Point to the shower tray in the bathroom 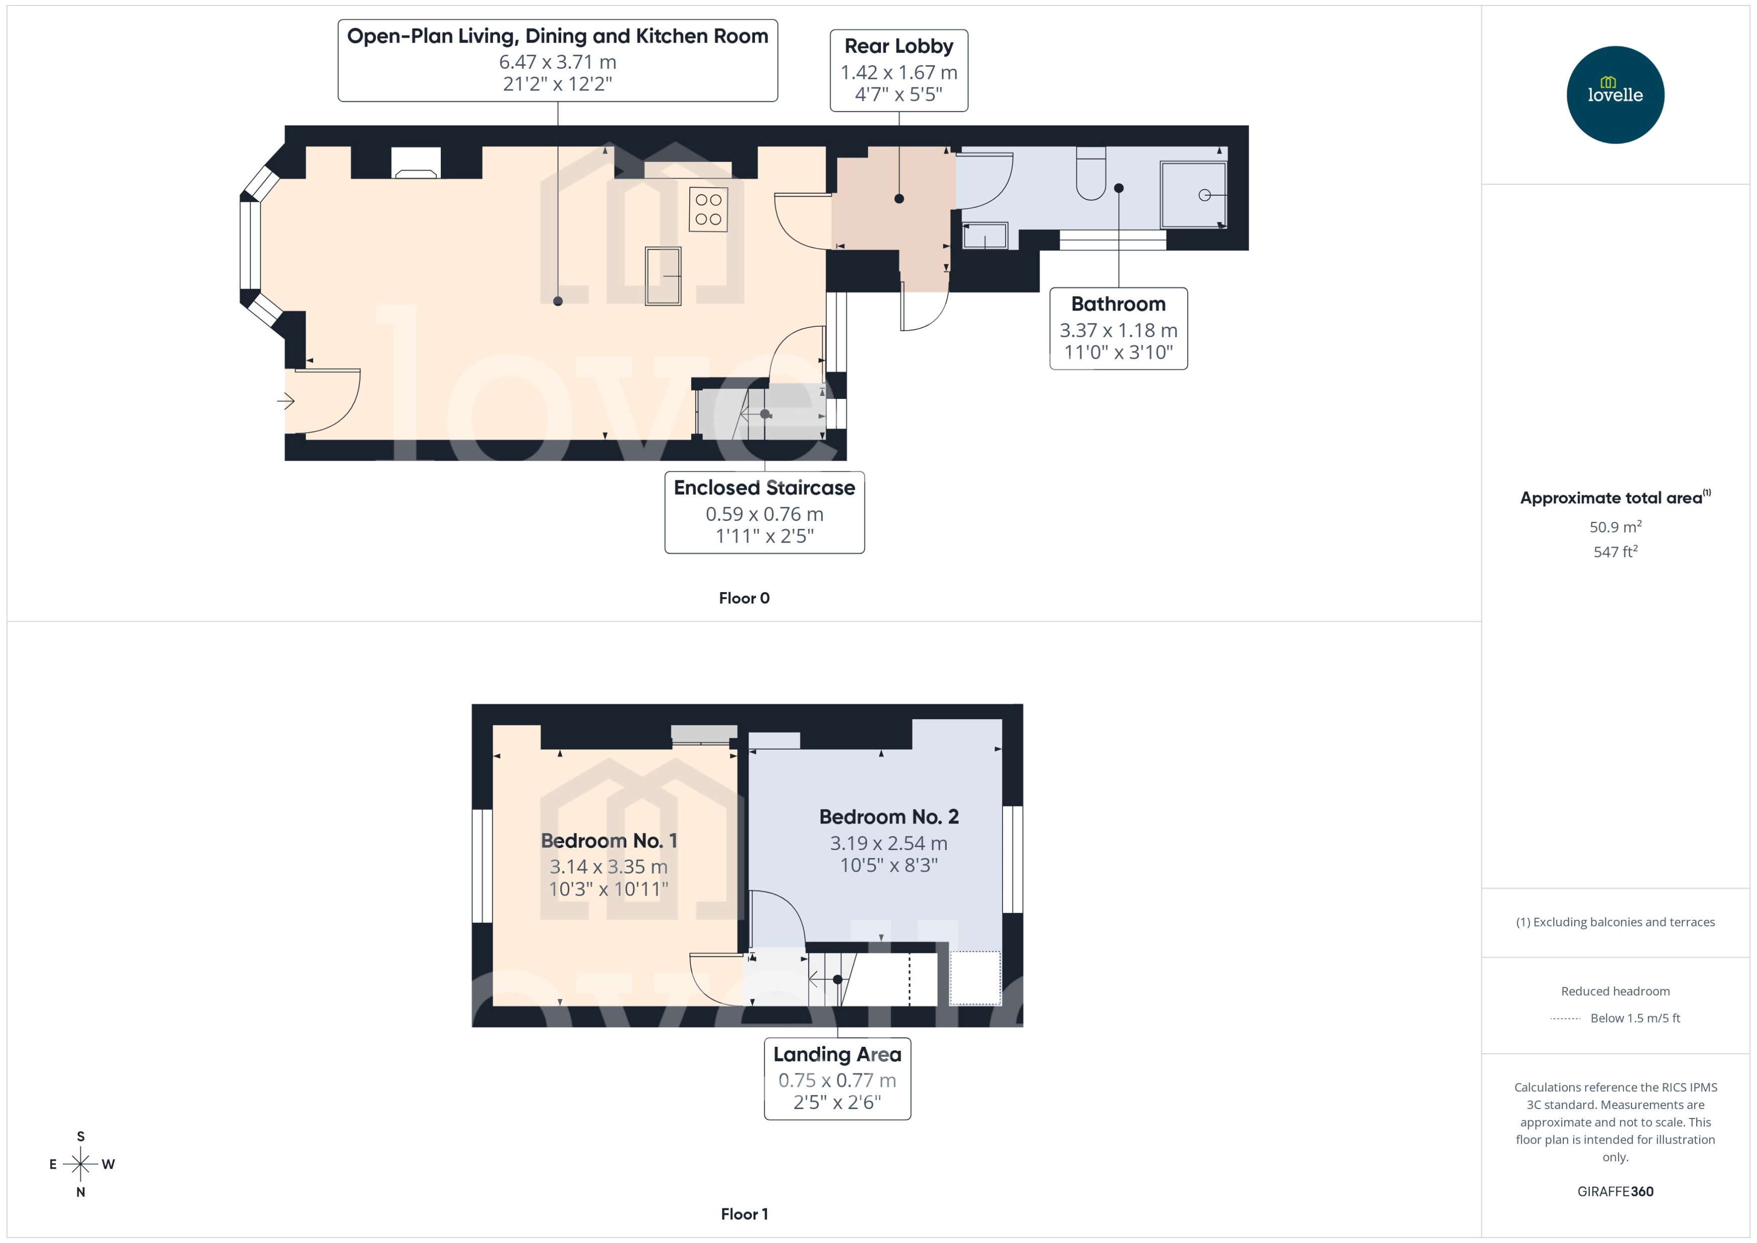pos(1193,194)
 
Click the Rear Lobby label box pos(898,70)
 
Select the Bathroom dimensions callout pos(1118,329)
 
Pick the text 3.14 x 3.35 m pos(608,867)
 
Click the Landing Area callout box pos(837,1078)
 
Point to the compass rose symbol pos(80,1164)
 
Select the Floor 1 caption pos(743,1214)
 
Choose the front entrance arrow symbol pos(286,400)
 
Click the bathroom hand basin pos(984,236)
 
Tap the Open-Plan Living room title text pos(557,36)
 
